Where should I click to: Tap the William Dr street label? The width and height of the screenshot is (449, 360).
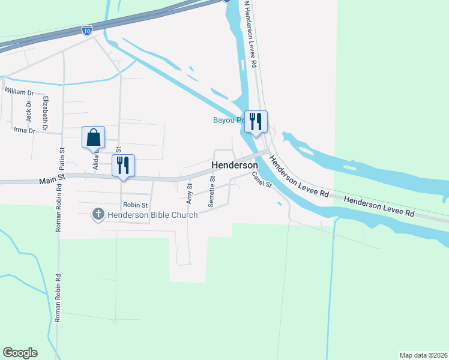tap(20, 93)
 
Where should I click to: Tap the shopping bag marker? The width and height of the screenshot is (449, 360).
tap(94, 137)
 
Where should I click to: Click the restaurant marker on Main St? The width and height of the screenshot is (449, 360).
tap(123, 166)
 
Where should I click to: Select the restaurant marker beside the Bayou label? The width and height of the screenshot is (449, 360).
tap(256, 122)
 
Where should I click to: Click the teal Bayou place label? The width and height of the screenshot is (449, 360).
tap(228, 120)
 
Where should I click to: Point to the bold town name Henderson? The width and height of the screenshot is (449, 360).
tap(234, 165)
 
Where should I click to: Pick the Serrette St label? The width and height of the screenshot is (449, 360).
tap(212, 192)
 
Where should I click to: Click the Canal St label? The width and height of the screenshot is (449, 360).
tap(262, 180)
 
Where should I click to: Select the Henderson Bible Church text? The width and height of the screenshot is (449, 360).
tap(152, 215)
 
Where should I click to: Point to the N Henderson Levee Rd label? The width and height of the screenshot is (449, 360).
tap(250, 33)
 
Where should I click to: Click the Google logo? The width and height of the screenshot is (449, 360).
tap(20, 353)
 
